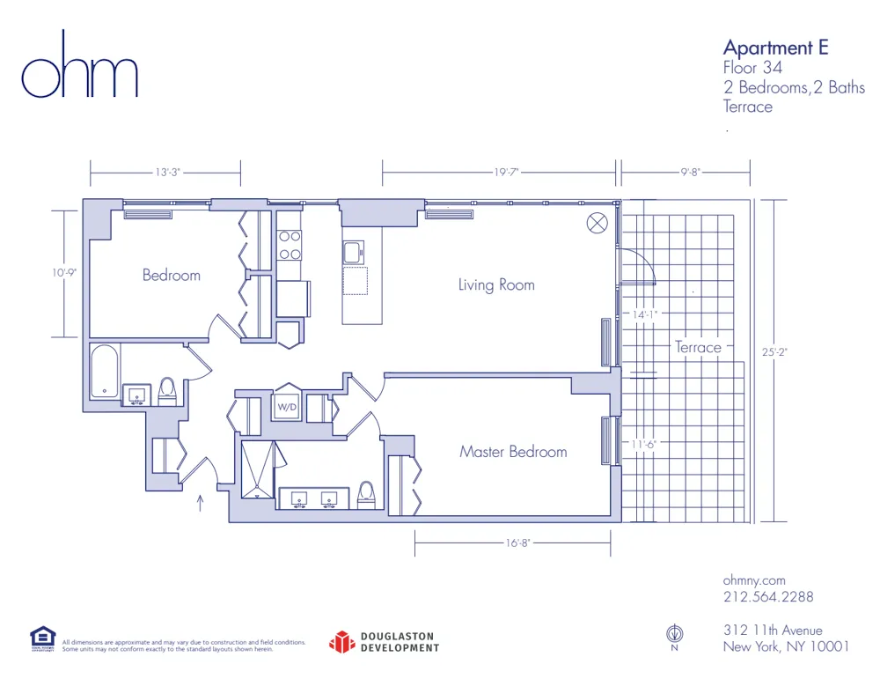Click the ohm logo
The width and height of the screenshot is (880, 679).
click(x=80, y=67)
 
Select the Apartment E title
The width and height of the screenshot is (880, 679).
click(x=775, y=48)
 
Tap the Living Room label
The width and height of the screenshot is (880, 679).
click(x=496, y=284)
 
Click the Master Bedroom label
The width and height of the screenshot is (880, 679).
click(x=513, y=452)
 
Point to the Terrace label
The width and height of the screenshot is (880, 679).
click(x=698, y=347)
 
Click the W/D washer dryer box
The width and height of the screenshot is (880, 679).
click(x=287, y=407)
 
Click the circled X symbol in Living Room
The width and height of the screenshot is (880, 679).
click(x=598, y=223)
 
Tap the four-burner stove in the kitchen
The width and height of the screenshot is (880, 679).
click(x=290, y=245)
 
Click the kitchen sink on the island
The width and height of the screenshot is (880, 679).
click(x=354, y=253)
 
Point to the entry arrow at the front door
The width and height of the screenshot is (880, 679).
click(x=201, y=504)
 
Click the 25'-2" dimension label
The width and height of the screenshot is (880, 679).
click(x=775, y=352)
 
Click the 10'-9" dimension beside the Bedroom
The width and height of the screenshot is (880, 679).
click(x=64, y=273)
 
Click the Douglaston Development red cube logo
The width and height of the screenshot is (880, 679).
click(x=341, y=642)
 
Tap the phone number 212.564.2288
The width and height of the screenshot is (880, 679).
click(x=767, y=597)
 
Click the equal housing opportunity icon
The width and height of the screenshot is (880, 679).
click(x=42, y=638)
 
